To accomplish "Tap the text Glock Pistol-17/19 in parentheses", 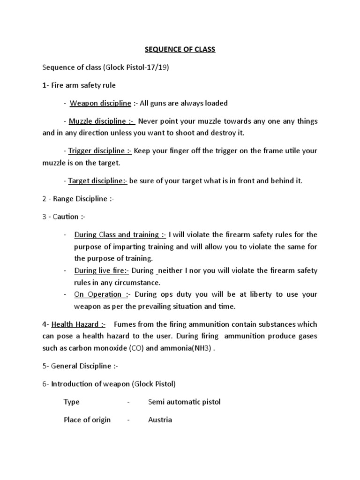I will [x=139, y=67].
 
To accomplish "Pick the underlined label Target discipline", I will [x=97, y=181].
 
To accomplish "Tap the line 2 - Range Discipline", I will [x=78, y=199].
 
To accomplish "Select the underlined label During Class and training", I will [x=120, y=234].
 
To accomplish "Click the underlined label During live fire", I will [x=101, y=270].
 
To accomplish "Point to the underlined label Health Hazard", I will [x=78, y=324].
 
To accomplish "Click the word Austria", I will [x=160, y=420].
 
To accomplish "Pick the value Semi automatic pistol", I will [x=184, y=402].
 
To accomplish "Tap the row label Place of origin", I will [x=87, y=420].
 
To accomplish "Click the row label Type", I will [x=72, y=402].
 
